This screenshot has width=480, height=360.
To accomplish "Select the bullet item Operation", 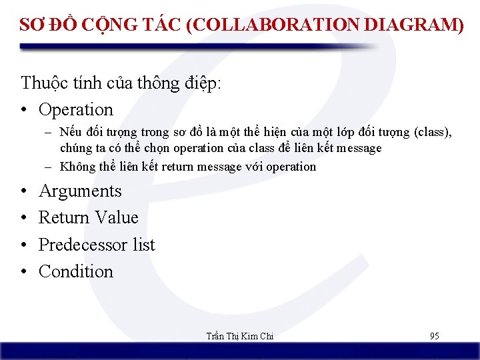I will tap(76, 109).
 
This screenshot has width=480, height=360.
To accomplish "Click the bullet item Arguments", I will tap(80, 191).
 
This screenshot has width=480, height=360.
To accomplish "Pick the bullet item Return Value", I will tap(88, 218).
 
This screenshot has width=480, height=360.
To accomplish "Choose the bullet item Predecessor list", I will tap(97, 245).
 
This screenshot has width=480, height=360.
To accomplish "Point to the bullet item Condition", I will tap(76, 271).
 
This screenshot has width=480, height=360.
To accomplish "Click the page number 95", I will tap(434, 336).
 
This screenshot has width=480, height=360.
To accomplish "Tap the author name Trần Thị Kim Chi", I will tap(240, 336).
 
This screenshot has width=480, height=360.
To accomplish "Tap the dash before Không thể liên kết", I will tap(49, 167).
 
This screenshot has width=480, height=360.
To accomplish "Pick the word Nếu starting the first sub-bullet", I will tap(69, 132).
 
